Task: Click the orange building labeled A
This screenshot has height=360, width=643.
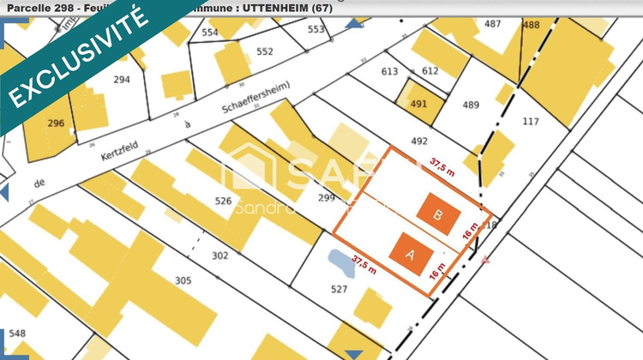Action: pyautogui.click(x=407, y=255)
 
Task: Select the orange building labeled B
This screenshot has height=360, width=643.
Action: pyautogui.click(x=436, y=215)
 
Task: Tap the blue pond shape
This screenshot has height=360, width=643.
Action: pyautogui.click(x=341, y=263)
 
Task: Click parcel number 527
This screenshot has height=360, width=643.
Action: pyautogui.click(x=339, y=289)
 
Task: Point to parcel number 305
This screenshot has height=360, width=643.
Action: pyautogui.click(x=183, y=279)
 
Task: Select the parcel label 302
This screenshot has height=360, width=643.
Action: pyautogui.click(x=219, y=255)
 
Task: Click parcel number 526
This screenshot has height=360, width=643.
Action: pyautogui.click(x=223, y=201)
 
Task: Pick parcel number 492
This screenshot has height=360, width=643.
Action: pyautogui.click(x=419, y=141)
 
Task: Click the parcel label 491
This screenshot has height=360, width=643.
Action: pyautogui.click(x=418, y=103)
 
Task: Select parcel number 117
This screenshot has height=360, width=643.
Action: pyautogui.click(x=532, y=121)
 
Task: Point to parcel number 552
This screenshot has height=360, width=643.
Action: pyautogui.click(x=264, y=51)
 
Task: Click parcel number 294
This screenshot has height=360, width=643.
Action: pyautogui.click(x=122, y=79)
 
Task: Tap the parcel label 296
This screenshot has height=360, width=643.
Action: pyautogui.click(x=56, y=123)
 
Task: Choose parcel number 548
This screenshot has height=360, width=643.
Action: pyautogui.click(x=17, y=333)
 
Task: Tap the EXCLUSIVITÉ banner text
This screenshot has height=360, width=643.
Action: pyautogui.click(x=77, y=56)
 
